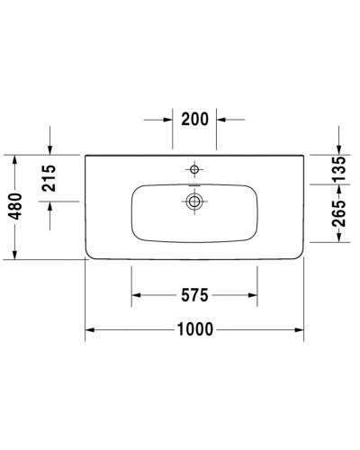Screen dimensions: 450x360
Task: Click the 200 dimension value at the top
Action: click(194, 118)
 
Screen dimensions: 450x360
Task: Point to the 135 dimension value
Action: click(339, 169)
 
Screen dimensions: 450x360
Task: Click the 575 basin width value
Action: click(194, 294)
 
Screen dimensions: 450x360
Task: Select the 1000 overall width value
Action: click(194, 329)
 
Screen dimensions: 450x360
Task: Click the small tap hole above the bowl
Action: click(193, 168)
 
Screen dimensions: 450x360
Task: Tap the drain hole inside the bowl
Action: click(193, 202)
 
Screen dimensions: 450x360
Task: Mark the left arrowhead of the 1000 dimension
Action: click(90, 329)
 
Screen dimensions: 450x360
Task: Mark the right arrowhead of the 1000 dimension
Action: click(300, 329)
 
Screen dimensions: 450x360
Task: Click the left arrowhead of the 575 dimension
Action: click(137, 294)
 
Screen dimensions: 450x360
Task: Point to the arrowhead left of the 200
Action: click(168, 118)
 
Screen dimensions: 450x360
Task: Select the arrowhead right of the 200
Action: click(220, 118)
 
